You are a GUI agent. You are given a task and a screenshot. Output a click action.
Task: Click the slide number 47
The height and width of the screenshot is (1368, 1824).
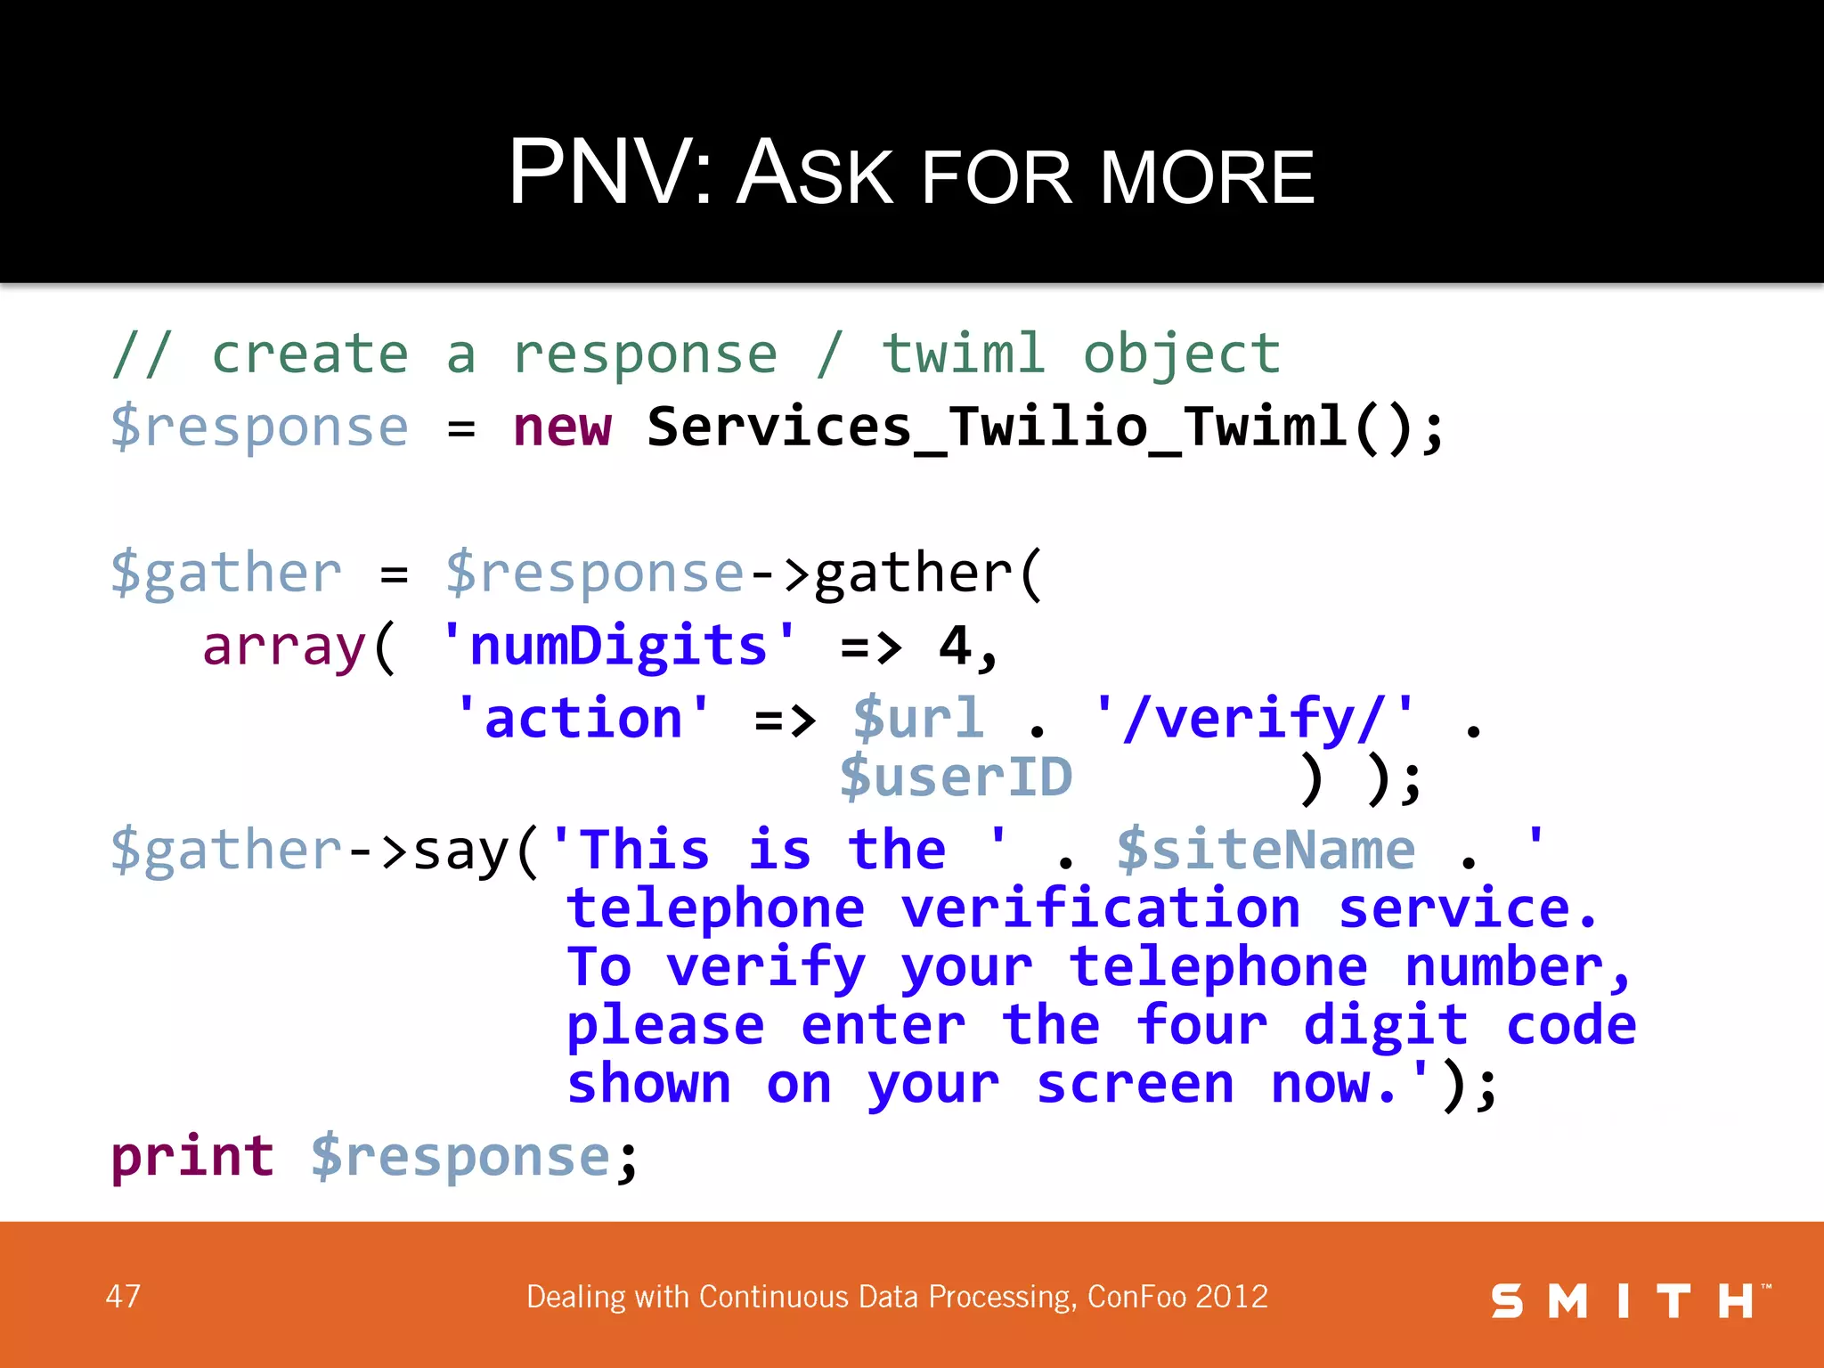point(123,1296)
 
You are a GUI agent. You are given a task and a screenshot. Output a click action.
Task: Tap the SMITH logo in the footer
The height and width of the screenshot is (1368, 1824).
point(1628,1301)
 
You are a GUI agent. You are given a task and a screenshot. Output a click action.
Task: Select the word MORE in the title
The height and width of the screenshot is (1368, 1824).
point(1207,178)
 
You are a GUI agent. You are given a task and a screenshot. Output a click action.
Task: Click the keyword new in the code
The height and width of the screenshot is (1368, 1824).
point(562,427)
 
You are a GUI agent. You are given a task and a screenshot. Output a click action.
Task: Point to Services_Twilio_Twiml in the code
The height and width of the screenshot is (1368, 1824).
point(996,427)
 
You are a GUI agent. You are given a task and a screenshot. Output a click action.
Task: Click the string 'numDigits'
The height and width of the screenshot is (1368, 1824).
point(618,646)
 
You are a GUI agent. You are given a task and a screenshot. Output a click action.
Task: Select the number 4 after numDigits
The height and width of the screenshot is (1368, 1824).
point(955,646)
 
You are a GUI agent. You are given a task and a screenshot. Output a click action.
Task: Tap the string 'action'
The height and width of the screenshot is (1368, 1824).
point(582,719)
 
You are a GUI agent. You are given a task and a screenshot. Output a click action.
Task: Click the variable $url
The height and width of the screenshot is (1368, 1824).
point(918,719)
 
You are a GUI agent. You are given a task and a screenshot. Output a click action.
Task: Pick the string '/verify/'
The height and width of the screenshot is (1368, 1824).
point(1254,719)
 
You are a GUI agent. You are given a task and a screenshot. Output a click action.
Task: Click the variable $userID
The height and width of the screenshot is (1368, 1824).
point(957,778)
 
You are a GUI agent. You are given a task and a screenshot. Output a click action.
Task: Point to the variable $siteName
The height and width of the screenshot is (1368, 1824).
point(1266,851)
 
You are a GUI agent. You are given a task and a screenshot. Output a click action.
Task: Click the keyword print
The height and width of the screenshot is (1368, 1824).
point(192,1157)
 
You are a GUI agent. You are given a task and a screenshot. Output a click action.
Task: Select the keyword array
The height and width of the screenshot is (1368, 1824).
point(284,646)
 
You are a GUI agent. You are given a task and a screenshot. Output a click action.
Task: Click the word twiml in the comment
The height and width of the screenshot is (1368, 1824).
point(963,354)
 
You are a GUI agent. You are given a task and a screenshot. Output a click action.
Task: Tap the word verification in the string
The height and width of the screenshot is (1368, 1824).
point(1100,909)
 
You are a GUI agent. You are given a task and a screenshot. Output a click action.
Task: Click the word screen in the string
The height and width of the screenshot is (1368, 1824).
point(1136,1084)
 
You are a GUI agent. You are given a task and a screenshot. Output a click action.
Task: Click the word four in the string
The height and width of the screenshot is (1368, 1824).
point(1201,1025)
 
